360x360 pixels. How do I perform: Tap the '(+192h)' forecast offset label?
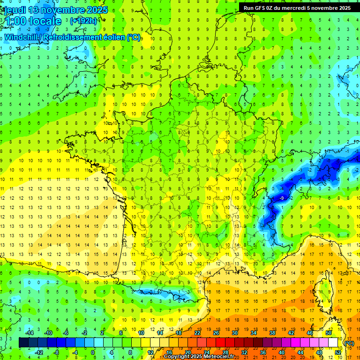click(x=83, y=21)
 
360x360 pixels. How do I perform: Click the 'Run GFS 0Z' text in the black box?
click(x=260, y=7)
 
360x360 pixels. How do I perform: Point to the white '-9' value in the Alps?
click(x=282, y=199)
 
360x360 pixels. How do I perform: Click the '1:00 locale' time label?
click(x=32, y=21)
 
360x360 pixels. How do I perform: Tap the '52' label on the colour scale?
click(x=338, y=352)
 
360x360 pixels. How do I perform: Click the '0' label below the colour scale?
click(x=93, y=352)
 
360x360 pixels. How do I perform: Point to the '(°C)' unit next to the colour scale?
click(x=349, y=343)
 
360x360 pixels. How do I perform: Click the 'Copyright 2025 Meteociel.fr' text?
click(x=199, y=357)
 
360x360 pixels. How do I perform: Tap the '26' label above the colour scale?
click(x=216, y=332)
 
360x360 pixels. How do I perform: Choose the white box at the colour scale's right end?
click(x=333, y=342)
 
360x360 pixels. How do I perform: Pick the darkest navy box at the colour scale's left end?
click(x=23, y=342)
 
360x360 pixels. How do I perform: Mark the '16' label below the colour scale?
click(x=169, y=352)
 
